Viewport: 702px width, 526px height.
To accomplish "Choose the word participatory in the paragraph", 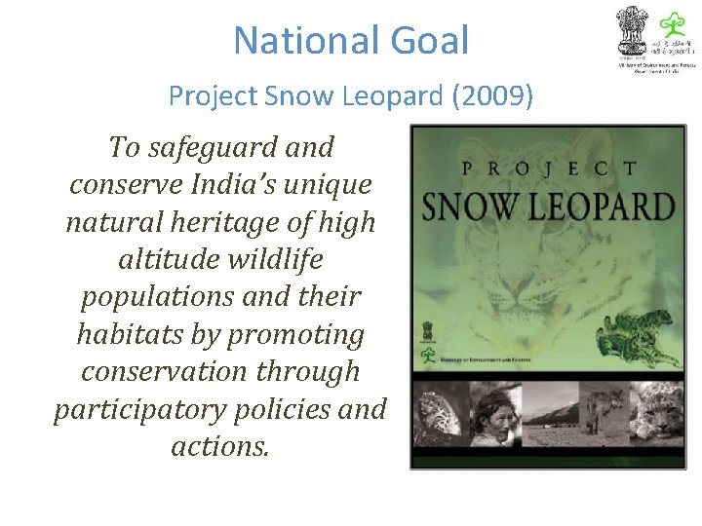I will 138,409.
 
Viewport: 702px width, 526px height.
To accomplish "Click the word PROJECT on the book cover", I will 547,169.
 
